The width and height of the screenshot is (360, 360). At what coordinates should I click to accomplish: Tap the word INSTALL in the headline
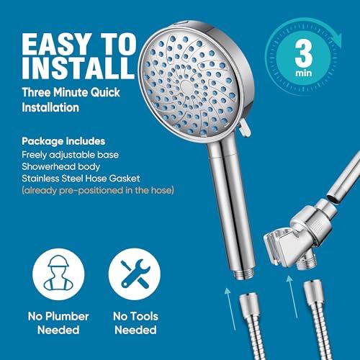78,68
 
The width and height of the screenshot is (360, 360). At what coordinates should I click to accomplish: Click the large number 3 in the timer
304,55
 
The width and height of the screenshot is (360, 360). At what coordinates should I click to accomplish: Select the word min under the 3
304,73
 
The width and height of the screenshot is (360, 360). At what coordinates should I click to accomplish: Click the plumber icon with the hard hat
58,274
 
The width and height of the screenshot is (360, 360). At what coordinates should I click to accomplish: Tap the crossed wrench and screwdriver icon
135,274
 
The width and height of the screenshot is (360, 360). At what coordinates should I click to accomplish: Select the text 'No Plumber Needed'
58,323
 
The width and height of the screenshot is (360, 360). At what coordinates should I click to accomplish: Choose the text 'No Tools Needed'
135,323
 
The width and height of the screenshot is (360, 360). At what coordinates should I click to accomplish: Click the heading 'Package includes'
63,141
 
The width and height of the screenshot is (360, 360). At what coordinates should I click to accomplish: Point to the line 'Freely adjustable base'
70,155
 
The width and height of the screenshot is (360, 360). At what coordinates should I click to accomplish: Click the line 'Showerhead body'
60,166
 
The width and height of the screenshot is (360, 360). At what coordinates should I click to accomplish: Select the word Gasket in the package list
125,179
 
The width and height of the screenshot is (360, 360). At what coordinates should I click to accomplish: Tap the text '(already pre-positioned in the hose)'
98,190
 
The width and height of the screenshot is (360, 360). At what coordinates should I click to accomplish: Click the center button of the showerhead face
186,86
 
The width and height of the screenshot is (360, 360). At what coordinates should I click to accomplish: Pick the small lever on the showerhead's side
244,128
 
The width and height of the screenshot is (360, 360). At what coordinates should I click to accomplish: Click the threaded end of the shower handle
243,274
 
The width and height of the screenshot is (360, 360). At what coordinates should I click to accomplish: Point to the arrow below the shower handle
230,309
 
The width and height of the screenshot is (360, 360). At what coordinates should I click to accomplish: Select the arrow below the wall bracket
292,297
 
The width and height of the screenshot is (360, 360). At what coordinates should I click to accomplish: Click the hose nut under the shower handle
249,305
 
